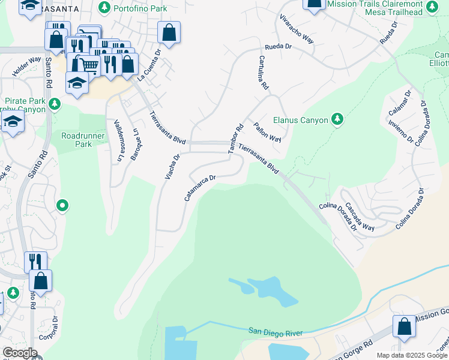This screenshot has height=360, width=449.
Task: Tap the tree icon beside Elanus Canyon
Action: click(x=338, y=119)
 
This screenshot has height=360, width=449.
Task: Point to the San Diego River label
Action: click(x=277, y=332)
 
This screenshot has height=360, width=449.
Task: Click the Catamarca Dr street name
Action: click(x=200, y=187)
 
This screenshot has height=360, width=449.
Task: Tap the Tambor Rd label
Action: click(x=235, y=138)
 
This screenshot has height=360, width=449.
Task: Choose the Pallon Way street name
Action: click(x=267, y=132)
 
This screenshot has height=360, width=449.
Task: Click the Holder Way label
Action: click(x=26, y=68)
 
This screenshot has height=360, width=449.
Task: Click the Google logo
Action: click(x=20, y=353)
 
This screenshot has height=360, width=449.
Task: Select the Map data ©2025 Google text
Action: click(x=412, y=356)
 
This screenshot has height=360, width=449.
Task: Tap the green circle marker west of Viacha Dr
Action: click(x=62, y=206)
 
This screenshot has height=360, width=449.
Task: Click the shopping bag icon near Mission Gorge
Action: click(x=405, y=326)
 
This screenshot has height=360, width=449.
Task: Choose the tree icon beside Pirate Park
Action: click(x=55, y=105)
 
